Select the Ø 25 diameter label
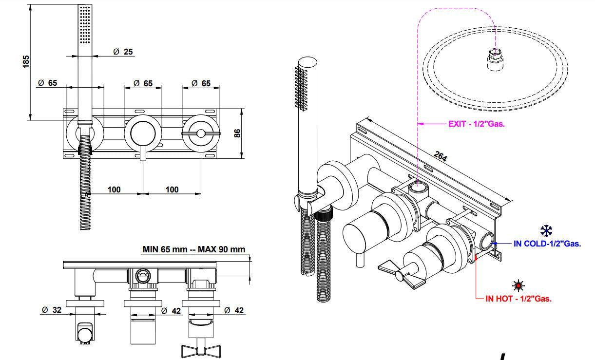click(123, 52)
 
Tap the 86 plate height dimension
click(237, 133)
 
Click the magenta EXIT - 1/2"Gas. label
click(476, 124)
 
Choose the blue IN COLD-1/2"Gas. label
click(547, 244)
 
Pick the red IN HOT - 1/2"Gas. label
click(518, 299)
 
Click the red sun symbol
click(518, 284)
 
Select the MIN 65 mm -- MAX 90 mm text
click(194, 249)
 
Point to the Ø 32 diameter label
click(52, 310)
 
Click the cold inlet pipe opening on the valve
click(486, 241)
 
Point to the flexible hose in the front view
click(86, 185)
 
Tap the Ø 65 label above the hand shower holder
click(48, 83)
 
